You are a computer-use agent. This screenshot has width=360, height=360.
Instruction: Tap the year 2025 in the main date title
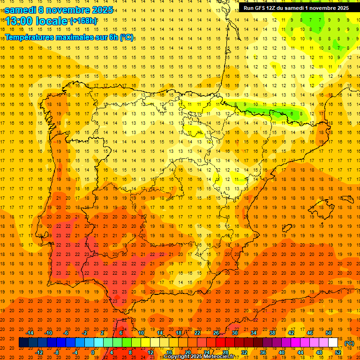(x=99, y=9)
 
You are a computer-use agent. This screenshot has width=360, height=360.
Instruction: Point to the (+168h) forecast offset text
(x=84, y=21)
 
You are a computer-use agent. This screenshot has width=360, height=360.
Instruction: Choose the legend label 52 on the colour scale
(x=338, y=352)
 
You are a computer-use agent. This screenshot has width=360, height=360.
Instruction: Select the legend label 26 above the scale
(x=216, y=332)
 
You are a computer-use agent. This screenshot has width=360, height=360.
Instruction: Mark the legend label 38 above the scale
(x=272, y=332)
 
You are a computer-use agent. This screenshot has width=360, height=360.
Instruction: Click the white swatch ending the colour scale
(x=333, y=343)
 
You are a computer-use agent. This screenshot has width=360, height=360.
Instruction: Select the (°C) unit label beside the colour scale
(x=349, y=343)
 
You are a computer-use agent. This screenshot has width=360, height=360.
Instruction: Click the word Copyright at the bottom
(x=176, y=357)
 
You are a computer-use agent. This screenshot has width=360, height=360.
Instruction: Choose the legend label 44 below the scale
(x=300, y=352)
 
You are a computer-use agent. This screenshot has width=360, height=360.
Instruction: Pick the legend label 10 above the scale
(x=141, y=332)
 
